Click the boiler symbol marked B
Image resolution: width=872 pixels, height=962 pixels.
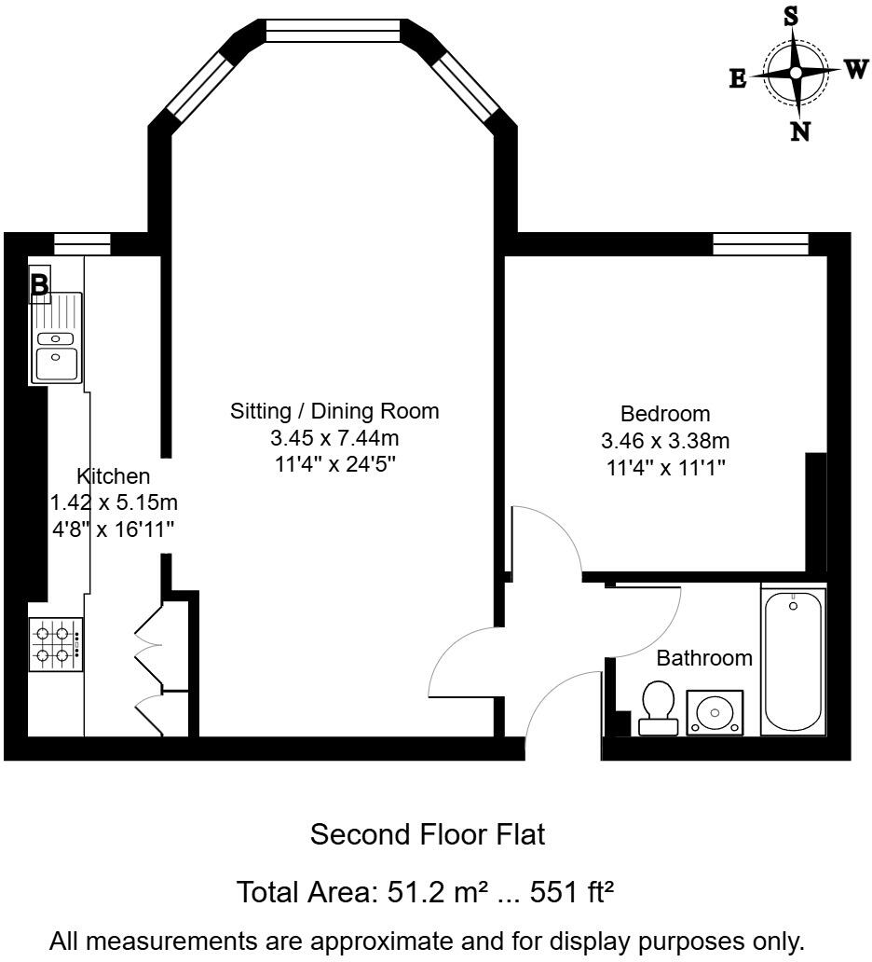coord(40,285)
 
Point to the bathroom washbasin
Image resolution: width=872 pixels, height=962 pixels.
coord(715,713)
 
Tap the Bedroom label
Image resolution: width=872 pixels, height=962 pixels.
coord(665,413)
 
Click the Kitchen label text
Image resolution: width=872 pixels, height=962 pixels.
coord(113,476)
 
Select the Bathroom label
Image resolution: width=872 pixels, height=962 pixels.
coord(704,658)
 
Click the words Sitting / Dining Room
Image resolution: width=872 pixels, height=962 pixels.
coord(334,411)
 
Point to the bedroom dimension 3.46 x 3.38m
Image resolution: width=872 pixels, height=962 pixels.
coord(665,440)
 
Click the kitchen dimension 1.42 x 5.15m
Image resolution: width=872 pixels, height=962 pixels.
coord(114,503)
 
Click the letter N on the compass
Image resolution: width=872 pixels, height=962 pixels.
coord(799,131)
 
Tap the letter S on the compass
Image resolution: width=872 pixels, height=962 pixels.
coord(791,16)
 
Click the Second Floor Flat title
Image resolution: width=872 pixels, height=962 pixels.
coord(427,834)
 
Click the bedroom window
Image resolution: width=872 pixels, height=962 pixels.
coord(760,244)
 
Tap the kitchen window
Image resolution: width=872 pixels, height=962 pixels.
coord(82,244)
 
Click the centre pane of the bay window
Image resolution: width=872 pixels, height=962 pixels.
coord(333,31)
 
